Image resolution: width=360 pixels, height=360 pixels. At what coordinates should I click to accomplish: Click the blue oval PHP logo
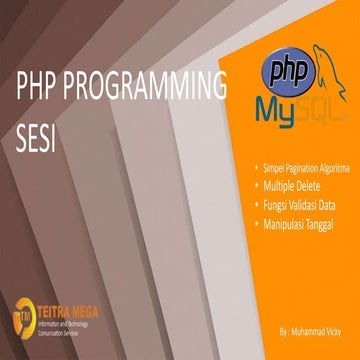coord(284,71)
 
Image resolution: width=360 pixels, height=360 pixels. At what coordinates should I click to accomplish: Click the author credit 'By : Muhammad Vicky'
coord(312,327)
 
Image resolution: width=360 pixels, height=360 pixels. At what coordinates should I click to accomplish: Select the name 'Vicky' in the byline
coord(332,327)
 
